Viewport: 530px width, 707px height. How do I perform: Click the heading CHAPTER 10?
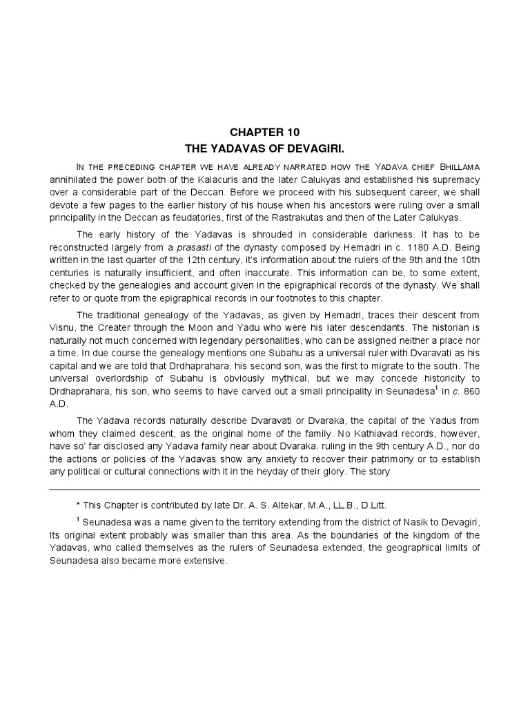tap(265, 131)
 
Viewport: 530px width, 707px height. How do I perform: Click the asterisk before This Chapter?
tap(79, 505)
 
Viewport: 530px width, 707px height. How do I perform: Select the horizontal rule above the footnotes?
tap(265, 490)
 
